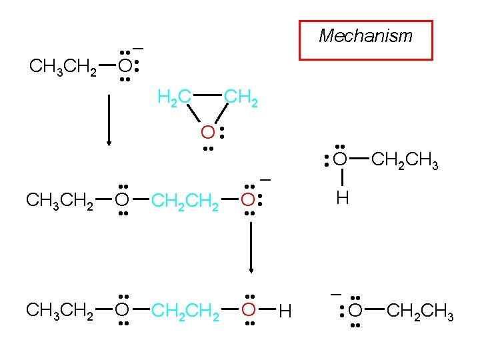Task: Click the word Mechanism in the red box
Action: pos(365,36)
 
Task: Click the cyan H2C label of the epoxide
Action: pos(175,99)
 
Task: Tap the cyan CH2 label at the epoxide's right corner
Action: pos(240,99)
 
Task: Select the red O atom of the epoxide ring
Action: pos(209,132)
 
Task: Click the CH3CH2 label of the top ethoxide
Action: pos(63,67)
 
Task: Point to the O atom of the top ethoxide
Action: pos(124,67)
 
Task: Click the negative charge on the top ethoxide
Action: pos(139,49)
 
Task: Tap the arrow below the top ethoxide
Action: pos(109,120)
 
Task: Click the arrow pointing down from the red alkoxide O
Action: pos(251,247)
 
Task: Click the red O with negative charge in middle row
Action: pos(247,199)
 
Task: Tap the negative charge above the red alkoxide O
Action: pos(265,180)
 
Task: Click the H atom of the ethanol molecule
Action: pos(342,198)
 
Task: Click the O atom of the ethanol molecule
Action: pos(340,159)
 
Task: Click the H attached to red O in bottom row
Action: pos(285,311)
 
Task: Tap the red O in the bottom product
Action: pos(248,309)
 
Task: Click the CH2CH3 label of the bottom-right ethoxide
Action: pos(420,311)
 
